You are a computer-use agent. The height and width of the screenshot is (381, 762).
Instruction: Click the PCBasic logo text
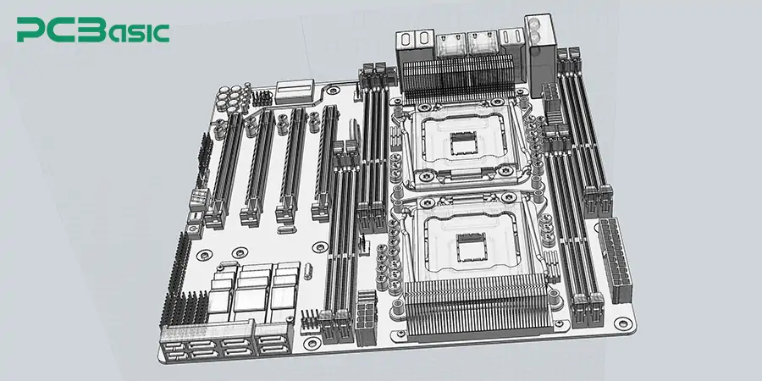coord(93,31)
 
